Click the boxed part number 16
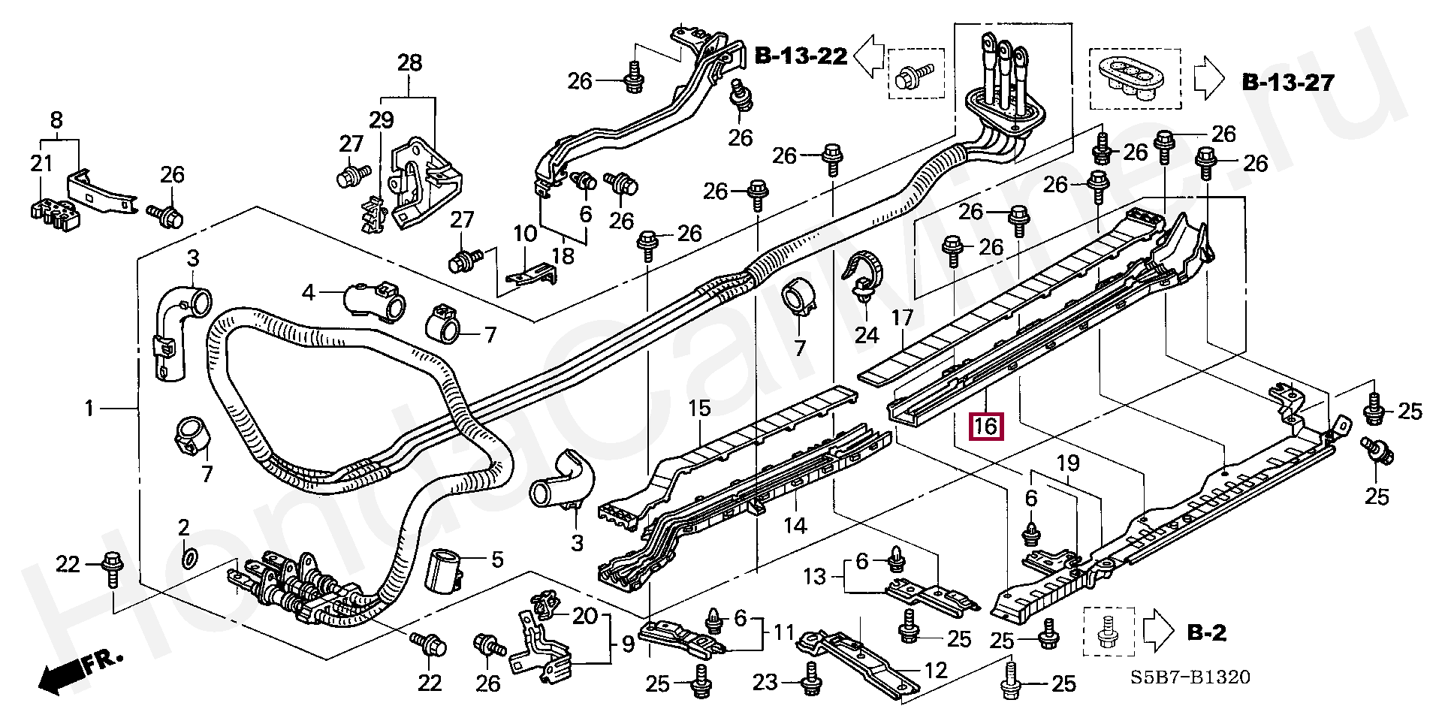click(x=985, y=427)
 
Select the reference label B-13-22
click(x=801, y=56)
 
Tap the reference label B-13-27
click(x=1288, y=82)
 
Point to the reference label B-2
click(x=1206, y=633)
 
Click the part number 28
click(x=409, y=62)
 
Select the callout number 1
click(x=89, y=409)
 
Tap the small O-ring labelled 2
click(x=190, y=558)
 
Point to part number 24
click(x=866, y=334)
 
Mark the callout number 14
click(x=795, y=526)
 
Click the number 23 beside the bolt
click(x=765, y=682)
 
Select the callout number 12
click(x=936, y=670)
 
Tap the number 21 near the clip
click(x=41, y=163)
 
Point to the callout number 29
click(x=381, y=119)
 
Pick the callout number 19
click(x=1068, y=463)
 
